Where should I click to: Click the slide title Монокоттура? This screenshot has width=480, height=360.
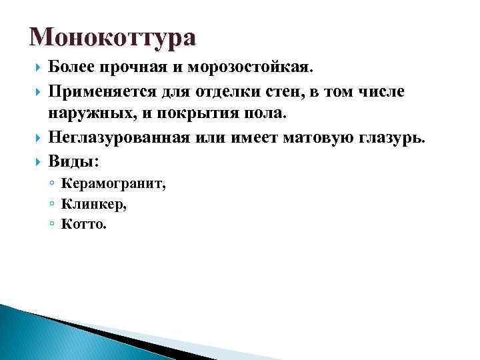click(x=113, y=38)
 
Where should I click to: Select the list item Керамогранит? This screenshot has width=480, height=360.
click(x=114, y=185)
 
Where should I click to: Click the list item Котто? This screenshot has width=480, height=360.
click(x=83, y=224)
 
